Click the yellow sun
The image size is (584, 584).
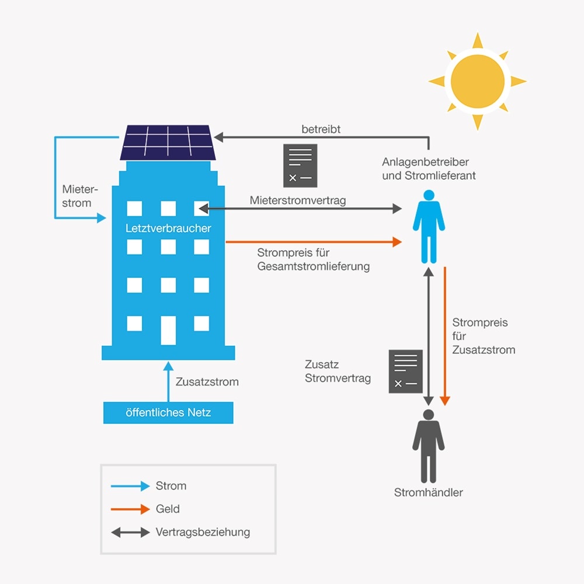[x=478, y=81]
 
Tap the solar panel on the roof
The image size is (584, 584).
[x=168, y=142]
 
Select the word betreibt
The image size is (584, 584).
[x=321, y=129]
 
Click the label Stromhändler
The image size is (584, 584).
[x=429, y=492]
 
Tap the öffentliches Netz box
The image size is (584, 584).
[x=168, y=413]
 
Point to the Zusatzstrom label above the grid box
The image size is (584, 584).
[x=207, y=382]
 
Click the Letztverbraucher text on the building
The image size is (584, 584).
[x=168, y=228]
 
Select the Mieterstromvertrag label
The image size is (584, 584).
[x=298, y=200]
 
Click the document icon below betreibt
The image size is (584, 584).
[x=300, y=165]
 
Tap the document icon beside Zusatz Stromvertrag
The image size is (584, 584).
[x=405, y=371]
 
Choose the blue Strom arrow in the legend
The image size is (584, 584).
[x=130, y=486]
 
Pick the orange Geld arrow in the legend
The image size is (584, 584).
[x=130, y=509]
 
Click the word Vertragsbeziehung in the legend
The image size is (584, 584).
[x=203, y=532]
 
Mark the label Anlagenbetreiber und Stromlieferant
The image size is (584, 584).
[x=429, y=168]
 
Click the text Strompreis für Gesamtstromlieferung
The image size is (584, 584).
[x=313, y=260]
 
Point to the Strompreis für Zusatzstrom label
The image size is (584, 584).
[x=483, y=336]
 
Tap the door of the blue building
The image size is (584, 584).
[x=168, y=329]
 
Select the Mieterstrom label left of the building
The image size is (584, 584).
[x=77, y=196]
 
